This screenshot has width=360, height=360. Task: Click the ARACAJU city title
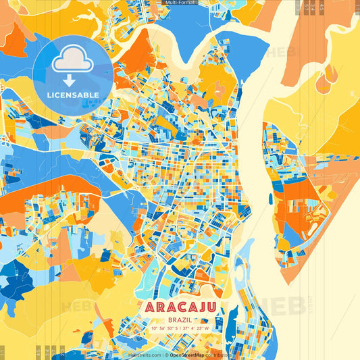(x=180, y=307)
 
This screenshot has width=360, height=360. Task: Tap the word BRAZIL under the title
(x=180, y=318)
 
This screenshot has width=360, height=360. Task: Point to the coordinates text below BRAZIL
(x=180, y=328)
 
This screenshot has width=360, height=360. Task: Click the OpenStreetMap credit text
(x=188, y=355)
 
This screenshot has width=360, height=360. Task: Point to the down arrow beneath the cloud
(x=69, y=80)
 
